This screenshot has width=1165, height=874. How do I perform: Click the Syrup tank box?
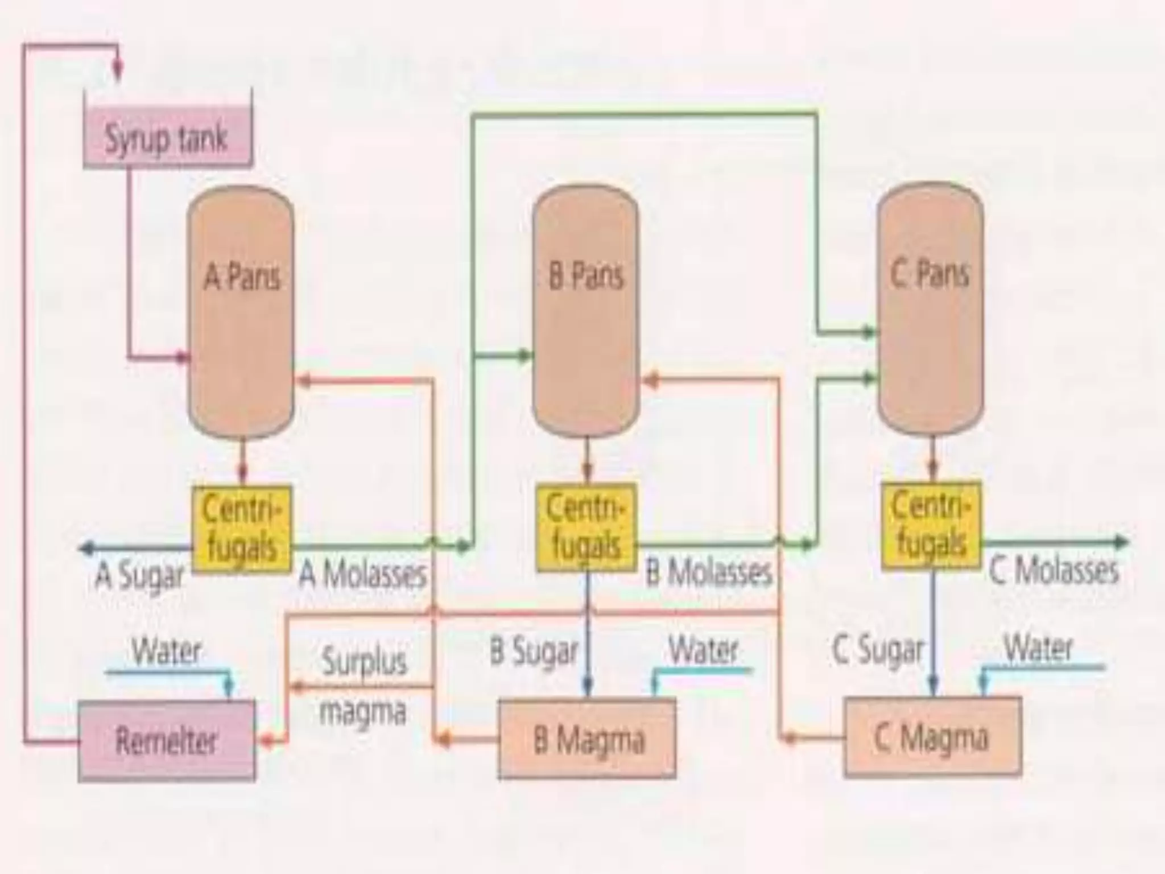click(167, 139)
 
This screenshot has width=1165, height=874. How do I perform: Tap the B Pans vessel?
click(585, 310)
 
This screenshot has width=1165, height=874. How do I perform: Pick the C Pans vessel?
click(930, 307)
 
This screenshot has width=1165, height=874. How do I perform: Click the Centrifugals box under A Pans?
click(242, 528)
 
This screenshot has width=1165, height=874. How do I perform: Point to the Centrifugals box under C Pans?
click(931, 525)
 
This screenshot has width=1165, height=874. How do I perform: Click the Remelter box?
click(166, 740)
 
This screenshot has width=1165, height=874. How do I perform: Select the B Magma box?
click(587, 739)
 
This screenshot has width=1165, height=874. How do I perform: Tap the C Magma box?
click(932, 737)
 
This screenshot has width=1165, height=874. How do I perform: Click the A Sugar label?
click(139, 576)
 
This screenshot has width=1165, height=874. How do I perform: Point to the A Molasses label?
click(363, 575)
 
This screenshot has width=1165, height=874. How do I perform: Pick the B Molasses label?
click(709, 572)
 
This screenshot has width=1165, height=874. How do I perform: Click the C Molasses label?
click(1054, 570)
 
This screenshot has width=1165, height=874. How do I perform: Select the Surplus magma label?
click(364, 686)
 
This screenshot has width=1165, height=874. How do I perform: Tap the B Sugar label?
click(534, 652)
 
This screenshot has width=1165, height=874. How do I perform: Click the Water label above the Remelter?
click(166, 651)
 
